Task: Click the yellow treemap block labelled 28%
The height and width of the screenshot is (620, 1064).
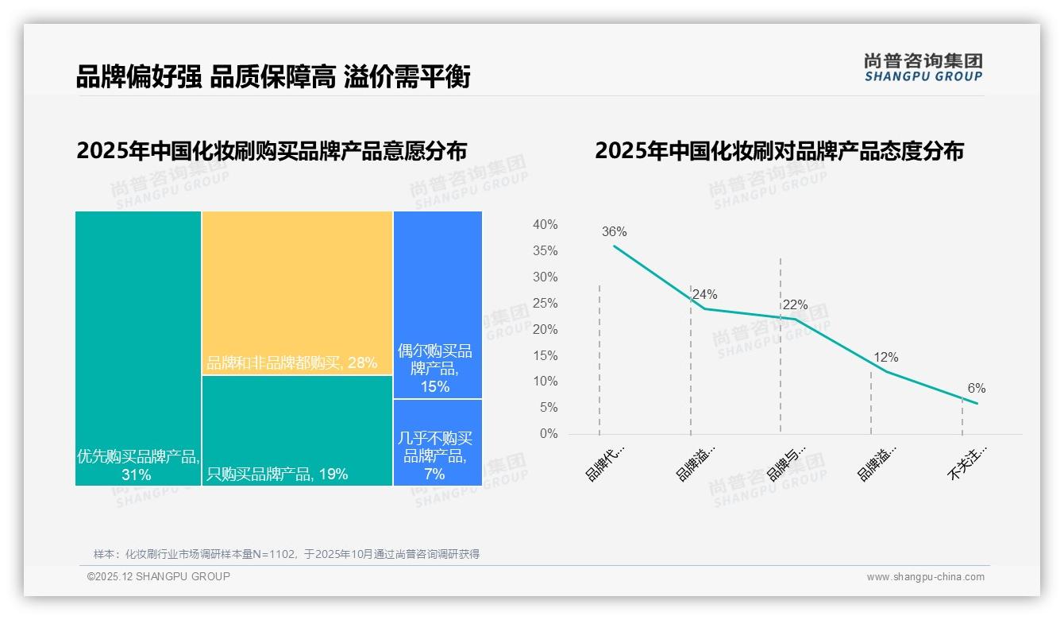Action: point(297,293)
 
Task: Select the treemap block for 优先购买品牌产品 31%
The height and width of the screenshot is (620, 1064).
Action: point(138,348)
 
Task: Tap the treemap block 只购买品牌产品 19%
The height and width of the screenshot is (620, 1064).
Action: point(297,430)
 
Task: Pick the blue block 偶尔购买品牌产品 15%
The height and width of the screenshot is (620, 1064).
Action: point(438,304)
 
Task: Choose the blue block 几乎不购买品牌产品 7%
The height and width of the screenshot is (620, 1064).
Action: point(438,442)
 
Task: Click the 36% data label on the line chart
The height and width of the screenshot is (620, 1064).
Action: point(614,232)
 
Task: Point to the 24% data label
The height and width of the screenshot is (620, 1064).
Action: point(705,295)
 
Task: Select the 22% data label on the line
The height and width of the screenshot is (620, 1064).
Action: point(795,305)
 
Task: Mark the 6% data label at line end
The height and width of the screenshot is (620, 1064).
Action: point(976,389)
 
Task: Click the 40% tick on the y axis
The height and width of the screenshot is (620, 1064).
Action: point(545,225)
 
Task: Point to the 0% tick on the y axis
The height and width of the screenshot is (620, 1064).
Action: point(549,434)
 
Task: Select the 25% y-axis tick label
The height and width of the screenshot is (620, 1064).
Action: point(545,303)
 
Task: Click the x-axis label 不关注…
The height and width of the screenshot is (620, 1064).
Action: point(966,463)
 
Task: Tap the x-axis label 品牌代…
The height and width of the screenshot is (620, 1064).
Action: point(605,463)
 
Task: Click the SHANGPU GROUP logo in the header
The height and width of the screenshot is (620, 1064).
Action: point(923,68)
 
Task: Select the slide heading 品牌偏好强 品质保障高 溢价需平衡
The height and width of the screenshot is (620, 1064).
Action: point(273,77)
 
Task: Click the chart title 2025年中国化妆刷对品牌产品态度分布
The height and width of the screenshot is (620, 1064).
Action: point(779,151)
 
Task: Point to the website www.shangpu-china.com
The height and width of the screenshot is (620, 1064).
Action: point(925,577)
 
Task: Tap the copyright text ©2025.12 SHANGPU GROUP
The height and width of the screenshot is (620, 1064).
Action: point(159,576)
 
